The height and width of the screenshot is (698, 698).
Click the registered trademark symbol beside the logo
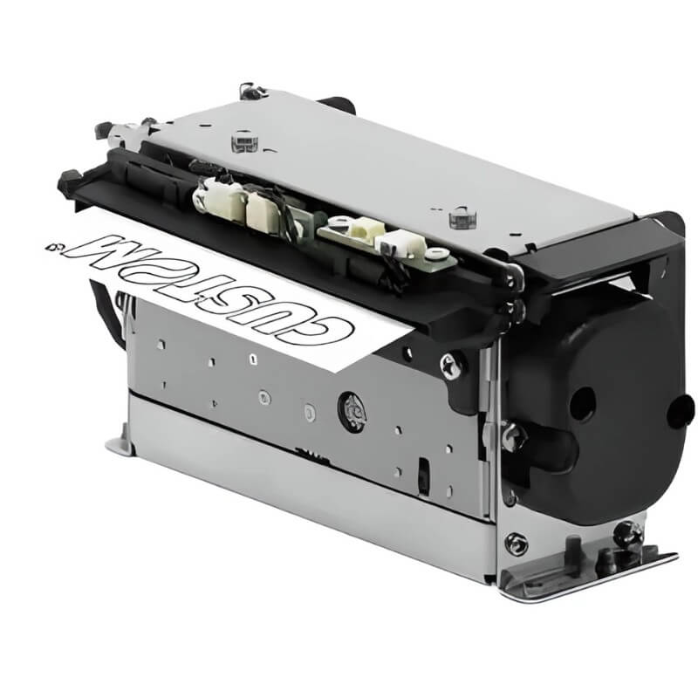click(x=53, y=245)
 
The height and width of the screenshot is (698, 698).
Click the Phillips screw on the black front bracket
click(x=451, y=366)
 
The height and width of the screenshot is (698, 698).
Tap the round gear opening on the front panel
click(x=352, y=412)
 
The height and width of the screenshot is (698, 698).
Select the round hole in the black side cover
click(x=583, y=403)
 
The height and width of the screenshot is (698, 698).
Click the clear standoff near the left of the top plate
click(x=244, y=141)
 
